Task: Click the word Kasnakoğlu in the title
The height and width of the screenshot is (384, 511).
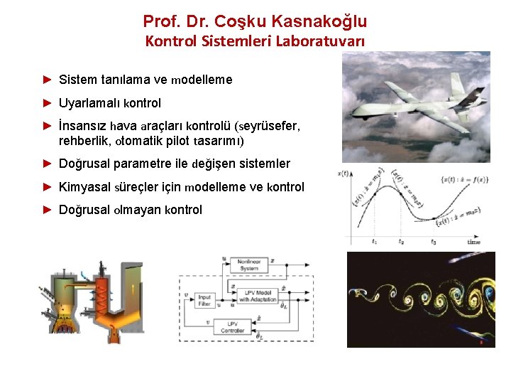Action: pyautogui.click(x=319, y=22)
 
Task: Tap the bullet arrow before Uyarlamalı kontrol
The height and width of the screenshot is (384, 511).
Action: pyautogui.click(x=48, y=102)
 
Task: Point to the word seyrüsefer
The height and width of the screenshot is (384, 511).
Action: pyautogui.click(x=270, y=126)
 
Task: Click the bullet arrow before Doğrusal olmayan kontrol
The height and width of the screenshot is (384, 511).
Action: pyautogui.click(x=48, y=210)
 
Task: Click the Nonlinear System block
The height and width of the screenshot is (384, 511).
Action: pyautogui.click(x=248, y=266)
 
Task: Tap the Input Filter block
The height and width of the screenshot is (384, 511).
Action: pyautogui.click(x=205, y=301)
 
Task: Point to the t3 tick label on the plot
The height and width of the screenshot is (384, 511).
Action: pyautogui.click(x=434, y=241)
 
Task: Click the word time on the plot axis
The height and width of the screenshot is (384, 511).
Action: pyautogui.click(x=474, y=242)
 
